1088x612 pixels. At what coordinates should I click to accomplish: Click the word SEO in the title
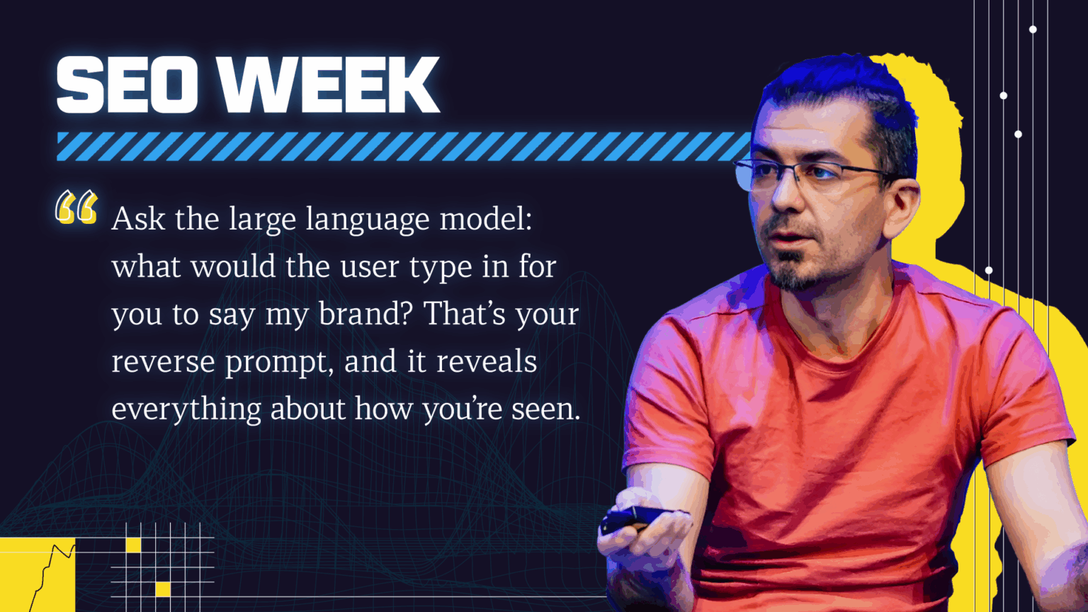click(x=127, y=84)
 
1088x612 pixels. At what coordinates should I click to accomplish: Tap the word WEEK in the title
click(x=331, y=84)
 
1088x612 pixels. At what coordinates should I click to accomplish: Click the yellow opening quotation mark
click(x=76, y=207)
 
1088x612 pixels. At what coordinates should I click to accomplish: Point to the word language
click(x=368, y=221)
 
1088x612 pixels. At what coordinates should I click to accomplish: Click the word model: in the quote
click(x=486, y=219)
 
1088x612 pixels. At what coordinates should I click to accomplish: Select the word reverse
click(x=163, y=363)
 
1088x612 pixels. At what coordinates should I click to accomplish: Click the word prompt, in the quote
click(x=280, y=363)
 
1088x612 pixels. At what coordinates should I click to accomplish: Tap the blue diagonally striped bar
click(x=403, y=146)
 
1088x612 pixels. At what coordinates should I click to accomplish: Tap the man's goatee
click(x=797, y=272)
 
